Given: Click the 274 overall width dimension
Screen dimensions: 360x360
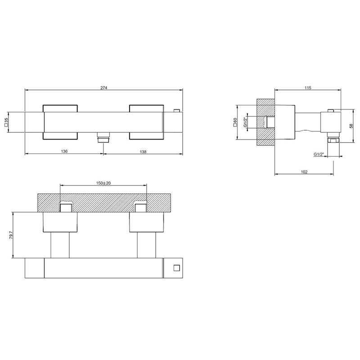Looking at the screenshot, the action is coord(104,88).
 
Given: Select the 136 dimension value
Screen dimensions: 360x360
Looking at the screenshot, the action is coord(64,151).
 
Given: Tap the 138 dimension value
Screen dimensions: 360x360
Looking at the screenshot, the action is coord(143,152).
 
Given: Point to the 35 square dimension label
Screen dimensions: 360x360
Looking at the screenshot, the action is coord(6,122).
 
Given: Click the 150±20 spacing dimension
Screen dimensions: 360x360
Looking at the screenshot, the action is coord(103,183).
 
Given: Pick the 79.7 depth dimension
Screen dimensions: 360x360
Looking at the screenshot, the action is coord(11,235).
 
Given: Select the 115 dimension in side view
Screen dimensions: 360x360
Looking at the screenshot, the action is coord(308,88).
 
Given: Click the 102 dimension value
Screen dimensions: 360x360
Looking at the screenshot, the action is coord(304,172).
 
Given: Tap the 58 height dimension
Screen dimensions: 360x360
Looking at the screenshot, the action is coord(351,126).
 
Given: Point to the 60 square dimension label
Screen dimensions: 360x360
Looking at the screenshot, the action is coord(235,122).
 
